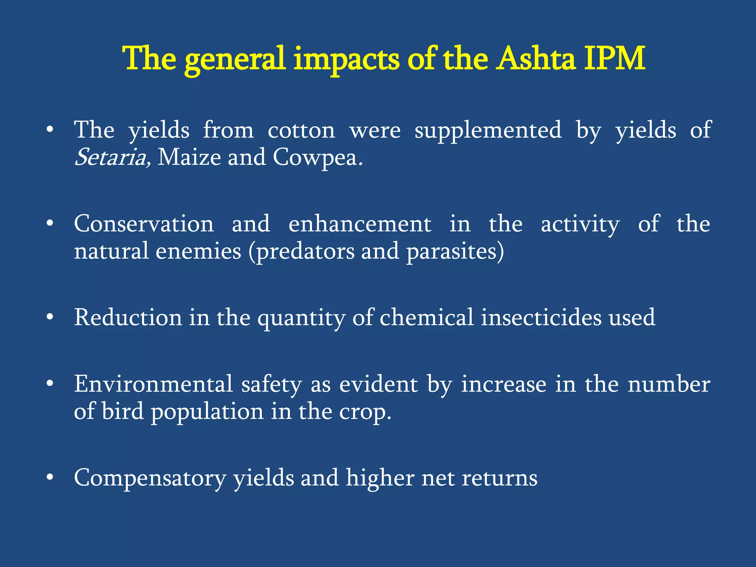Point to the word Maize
(189, 158)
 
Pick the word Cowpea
(315, 158)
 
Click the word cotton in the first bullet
(301, 131)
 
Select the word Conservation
(144, 224)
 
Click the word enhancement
(360, 224)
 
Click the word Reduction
(128, 317)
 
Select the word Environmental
(153, 384)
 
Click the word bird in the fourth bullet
(123, 412)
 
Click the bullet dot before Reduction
(50, 317)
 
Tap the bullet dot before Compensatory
(50, 478)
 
